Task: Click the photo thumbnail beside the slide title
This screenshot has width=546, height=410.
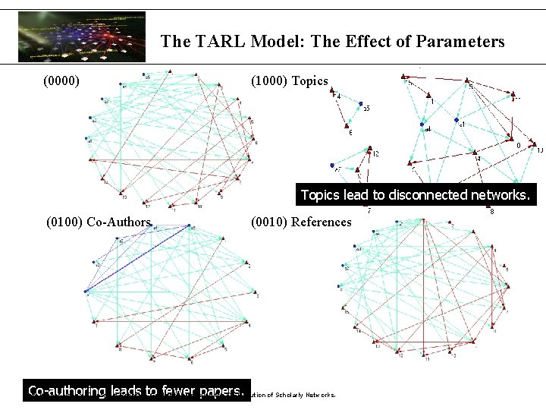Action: click(81, 36)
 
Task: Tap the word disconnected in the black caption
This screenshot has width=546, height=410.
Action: click(424, 195)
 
